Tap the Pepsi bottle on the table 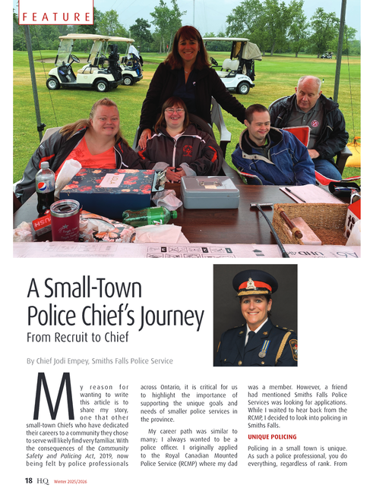pyautogui.click(x=45, y=189)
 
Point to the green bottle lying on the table pyautogui.click(x=150, y=215)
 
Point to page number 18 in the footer pyautogui.click(x=27, y=480)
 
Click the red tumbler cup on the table pyautogui.click(x=67, y=221)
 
